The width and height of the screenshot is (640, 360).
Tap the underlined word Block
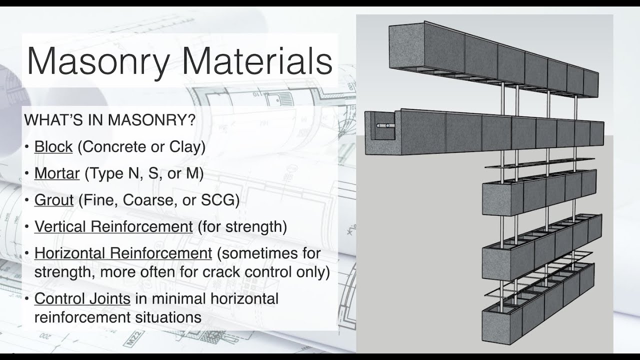[x=53, y=147]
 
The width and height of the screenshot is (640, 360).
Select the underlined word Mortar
[x=57, y=173]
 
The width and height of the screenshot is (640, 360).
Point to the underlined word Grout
[x=54, y=200]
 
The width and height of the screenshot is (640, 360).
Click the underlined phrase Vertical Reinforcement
[x=113, y=226]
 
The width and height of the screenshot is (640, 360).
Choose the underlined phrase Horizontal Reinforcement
[x=123, y=253]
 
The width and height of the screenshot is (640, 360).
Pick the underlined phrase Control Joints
[x=82, y=299]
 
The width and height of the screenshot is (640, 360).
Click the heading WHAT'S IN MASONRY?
[x=110, y=120]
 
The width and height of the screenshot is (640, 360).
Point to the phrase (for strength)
[x=242, y=226]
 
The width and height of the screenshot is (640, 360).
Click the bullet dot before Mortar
[x=27, y=174]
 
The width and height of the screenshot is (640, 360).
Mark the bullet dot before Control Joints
[x=27, y=299]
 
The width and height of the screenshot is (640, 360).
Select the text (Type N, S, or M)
[x=144, y=173]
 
